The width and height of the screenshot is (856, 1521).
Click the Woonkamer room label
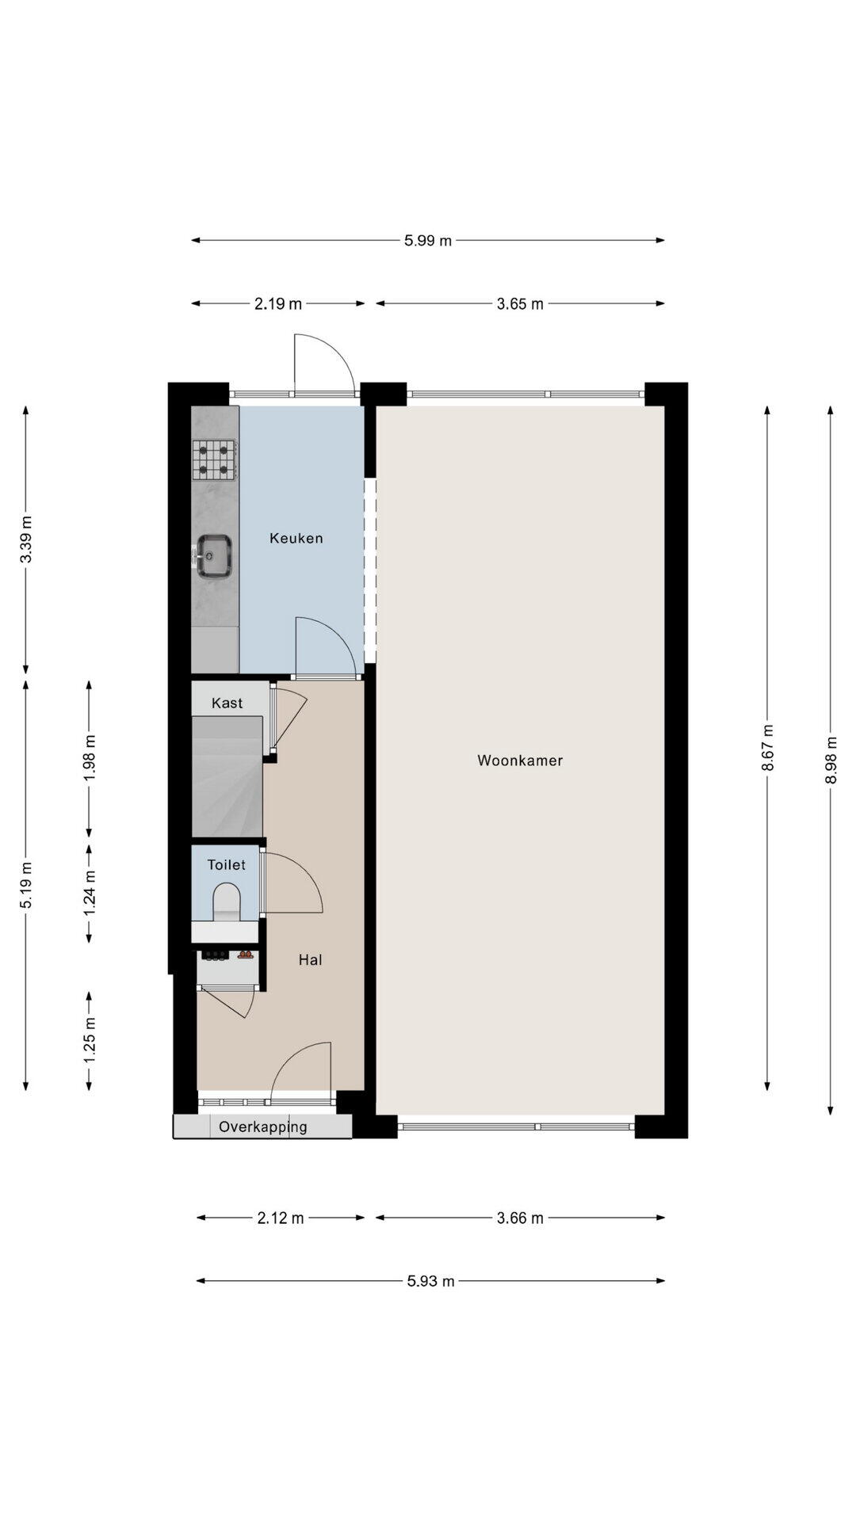point(520,760)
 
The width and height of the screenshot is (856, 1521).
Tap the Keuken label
point(296,539)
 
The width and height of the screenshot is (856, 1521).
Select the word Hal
point(310,960)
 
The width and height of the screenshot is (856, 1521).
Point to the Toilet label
point(227,865)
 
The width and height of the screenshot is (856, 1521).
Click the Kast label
point(227,703)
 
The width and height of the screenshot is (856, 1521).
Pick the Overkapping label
point(263,1127)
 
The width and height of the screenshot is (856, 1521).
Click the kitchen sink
point(213,555)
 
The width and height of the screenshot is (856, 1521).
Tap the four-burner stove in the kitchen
point(214,460)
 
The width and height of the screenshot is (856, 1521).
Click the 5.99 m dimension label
point(428,241)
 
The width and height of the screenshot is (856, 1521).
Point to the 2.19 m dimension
point(278,303)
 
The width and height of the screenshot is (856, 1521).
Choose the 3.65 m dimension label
point(520,303)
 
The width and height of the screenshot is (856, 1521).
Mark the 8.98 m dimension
point(831,760)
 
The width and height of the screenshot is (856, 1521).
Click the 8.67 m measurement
point(767,749)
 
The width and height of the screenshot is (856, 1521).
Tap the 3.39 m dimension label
point(26,539)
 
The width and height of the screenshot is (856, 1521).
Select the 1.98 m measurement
point(90,758)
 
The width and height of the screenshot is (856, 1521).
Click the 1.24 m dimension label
point(90,893)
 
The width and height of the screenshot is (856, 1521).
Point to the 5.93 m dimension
point(431,1281)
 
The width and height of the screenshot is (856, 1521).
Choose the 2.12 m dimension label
point(281,1218)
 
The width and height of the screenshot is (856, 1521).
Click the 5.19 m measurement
point(26,885)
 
